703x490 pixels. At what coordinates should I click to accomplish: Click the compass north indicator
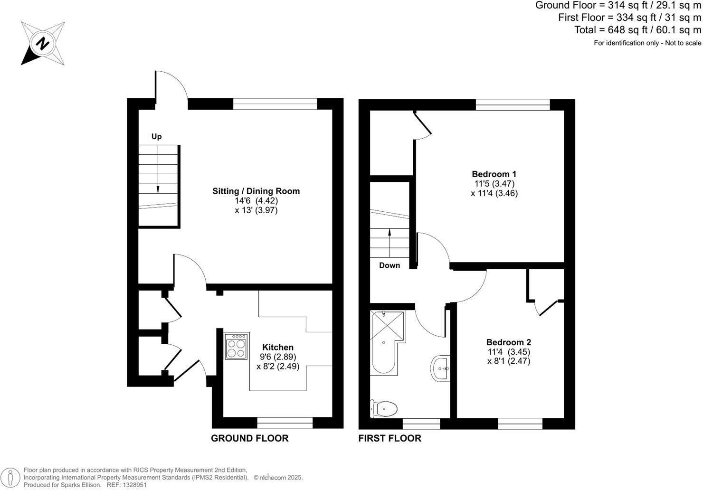click(43, 44)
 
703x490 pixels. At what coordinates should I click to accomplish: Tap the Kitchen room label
click(278, 347)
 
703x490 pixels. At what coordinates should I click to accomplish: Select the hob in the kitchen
click(237, 346)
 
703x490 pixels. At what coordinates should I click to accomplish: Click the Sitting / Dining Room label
click(256, 191)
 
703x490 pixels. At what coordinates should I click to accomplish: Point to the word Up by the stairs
click(156, 137)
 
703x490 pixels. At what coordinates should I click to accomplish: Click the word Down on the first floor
click(389, 265)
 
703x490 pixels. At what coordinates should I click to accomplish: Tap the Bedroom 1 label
click(494, 174)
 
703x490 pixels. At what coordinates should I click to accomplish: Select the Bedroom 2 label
click(508, 342)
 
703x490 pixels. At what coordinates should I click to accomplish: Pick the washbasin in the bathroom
click(440, 367)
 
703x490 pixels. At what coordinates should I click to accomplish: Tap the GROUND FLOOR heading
click(249, 438)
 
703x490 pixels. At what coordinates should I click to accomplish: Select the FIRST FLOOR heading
click(389, 438)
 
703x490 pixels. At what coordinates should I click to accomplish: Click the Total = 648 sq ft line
click(637, 30)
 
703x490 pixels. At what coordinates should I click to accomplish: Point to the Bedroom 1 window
click(513, 105)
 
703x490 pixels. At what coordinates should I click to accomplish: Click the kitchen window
click(285, 423)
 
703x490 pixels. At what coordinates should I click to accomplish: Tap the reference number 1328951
click(134, 485)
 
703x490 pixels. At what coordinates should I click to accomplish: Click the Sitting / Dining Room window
click(275, 104)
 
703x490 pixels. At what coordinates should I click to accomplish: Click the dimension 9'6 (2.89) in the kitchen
click(278, 357)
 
